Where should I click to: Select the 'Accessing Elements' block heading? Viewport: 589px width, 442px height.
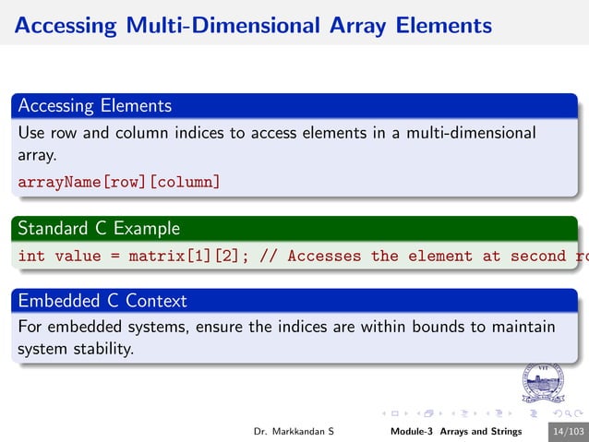tap(94, 105)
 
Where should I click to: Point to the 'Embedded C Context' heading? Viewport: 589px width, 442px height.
tap(102, 300)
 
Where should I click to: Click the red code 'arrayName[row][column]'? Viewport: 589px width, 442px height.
tap(119, 182)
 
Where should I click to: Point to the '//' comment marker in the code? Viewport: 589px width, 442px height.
tap(268, 256)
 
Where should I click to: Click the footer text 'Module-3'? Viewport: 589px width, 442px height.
tap(412, 432)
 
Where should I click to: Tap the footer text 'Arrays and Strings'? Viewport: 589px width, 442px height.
tap(480, 432)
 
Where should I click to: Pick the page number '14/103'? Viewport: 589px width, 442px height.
tap(567, 432)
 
